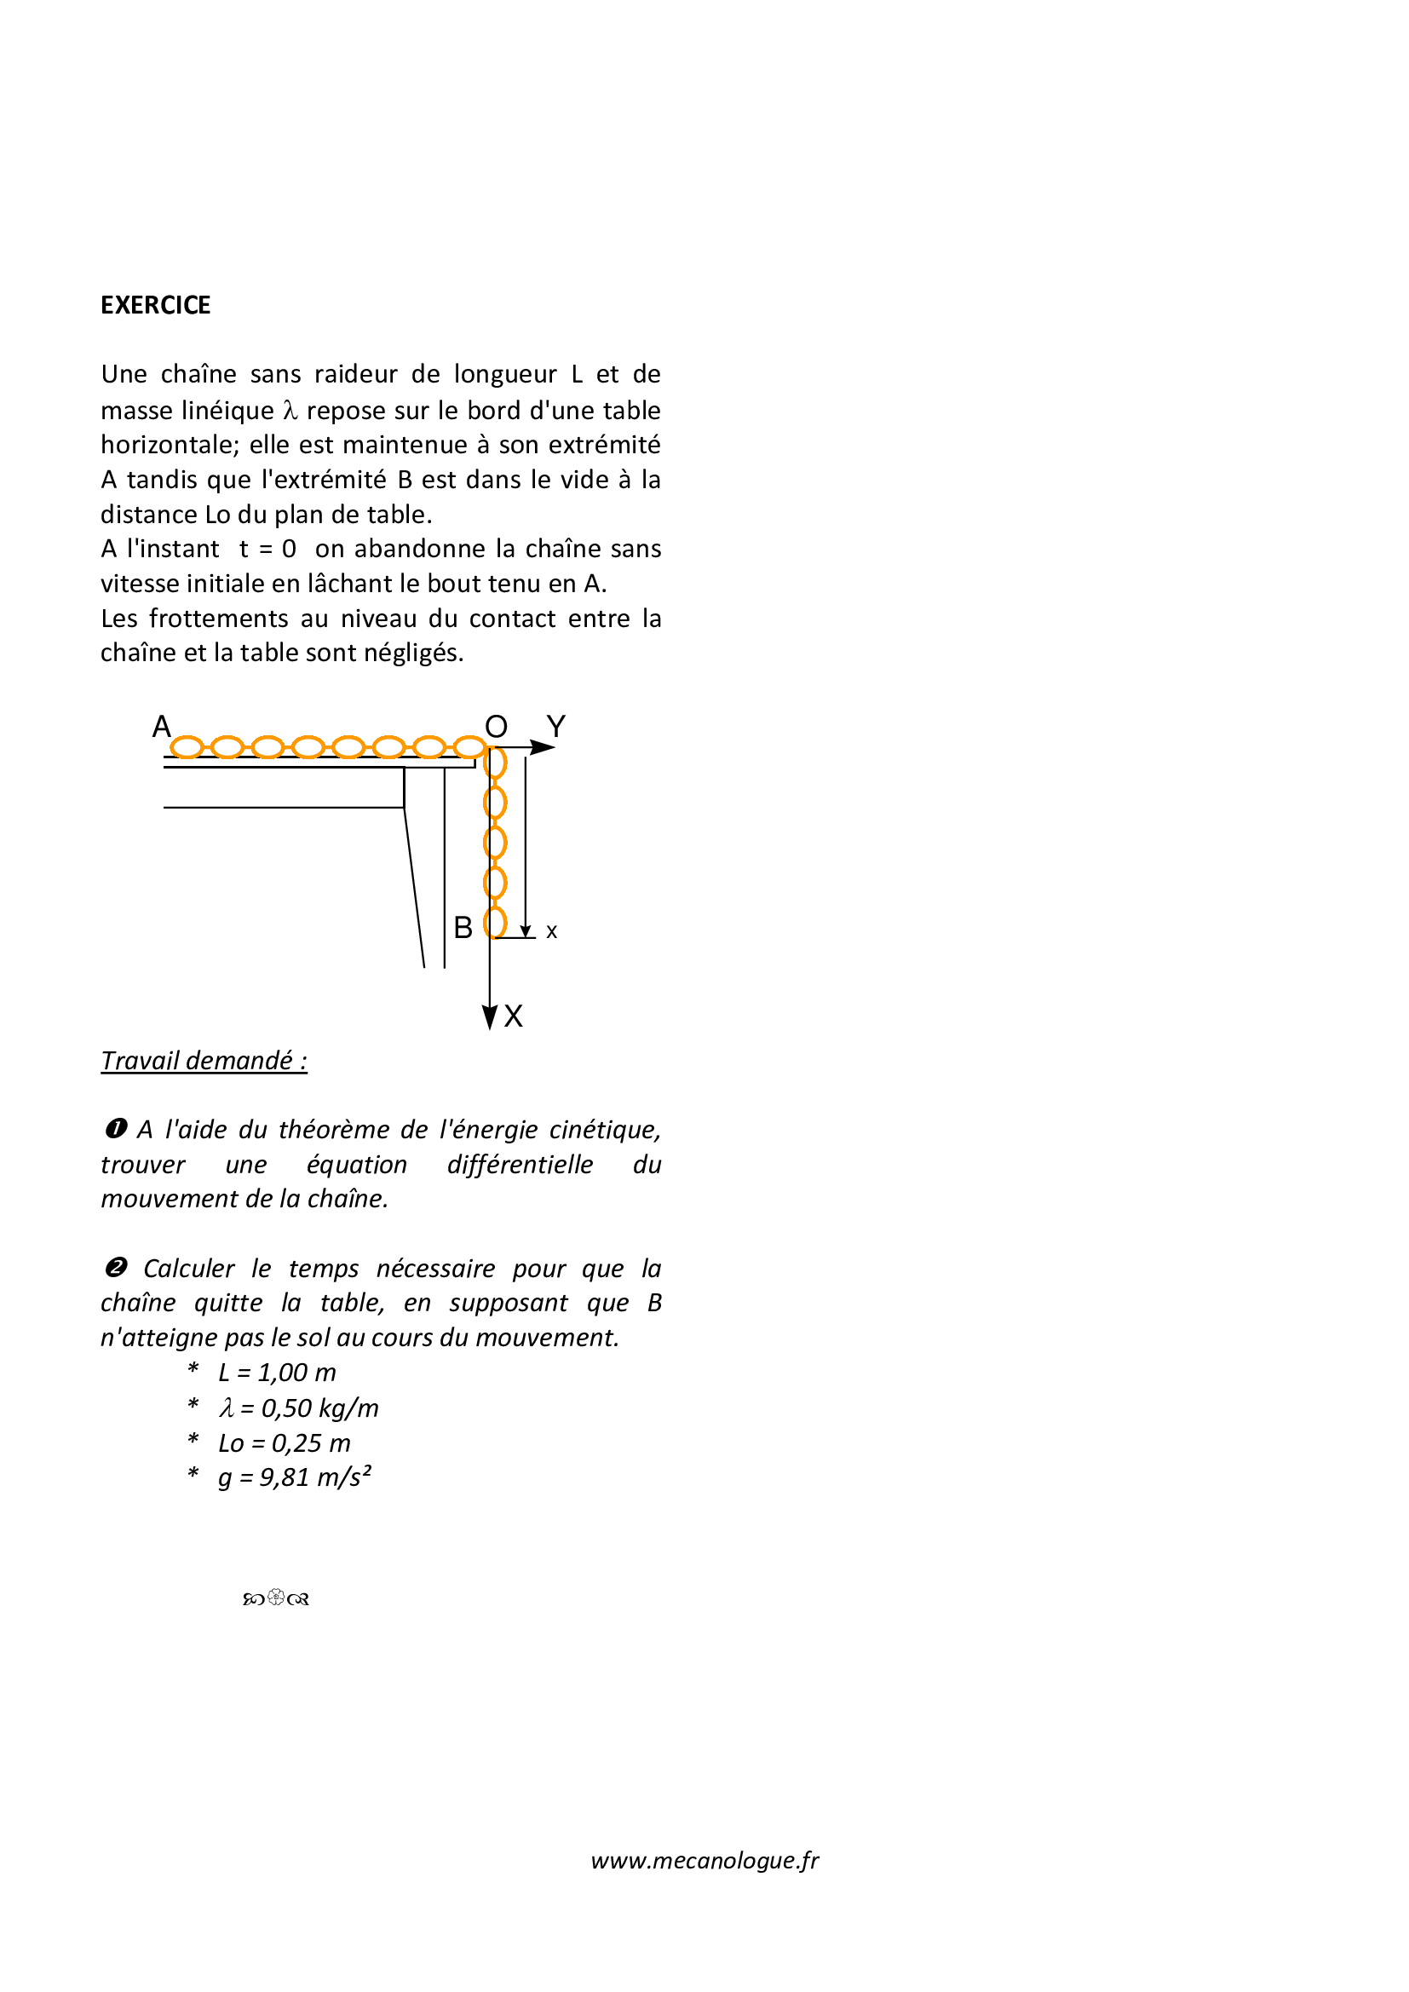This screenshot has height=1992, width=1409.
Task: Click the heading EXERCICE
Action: click(155, 305)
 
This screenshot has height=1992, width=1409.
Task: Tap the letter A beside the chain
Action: click(161, 726)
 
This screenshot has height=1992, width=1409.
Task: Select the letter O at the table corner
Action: click(496, 726)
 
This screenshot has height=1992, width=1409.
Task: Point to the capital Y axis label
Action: click(556, 726)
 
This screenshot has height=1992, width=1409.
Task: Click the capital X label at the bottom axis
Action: click(514, 1016)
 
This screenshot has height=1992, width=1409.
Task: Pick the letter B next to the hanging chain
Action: click(463, 928)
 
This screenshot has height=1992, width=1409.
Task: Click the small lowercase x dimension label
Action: click(552, 932)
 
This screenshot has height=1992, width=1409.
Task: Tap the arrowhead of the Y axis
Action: click(543, 747)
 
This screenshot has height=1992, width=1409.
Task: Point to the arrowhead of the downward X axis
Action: click(490, 1017)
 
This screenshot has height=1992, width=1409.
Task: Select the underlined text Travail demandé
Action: click(204, 1060)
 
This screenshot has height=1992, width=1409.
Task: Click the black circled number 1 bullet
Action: click(115, 1129)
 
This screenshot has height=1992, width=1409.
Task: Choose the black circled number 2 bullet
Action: click(115, 1268)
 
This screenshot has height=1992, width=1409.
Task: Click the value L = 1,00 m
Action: click(277, 1373)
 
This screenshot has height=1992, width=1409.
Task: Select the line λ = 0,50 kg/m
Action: click(298, 1408)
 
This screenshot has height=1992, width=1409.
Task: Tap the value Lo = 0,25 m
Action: click(285, 1442)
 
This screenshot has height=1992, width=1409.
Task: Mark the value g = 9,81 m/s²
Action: click(294, 1477)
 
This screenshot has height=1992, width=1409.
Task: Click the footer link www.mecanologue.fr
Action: click(704, 1860)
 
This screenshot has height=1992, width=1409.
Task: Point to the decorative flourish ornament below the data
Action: click(276, 1598)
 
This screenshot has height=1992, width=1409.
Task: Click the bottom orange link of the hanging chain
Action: click(496, 922)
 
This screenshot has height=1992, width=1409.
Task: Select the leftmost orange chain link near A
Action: click(187, 747)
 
